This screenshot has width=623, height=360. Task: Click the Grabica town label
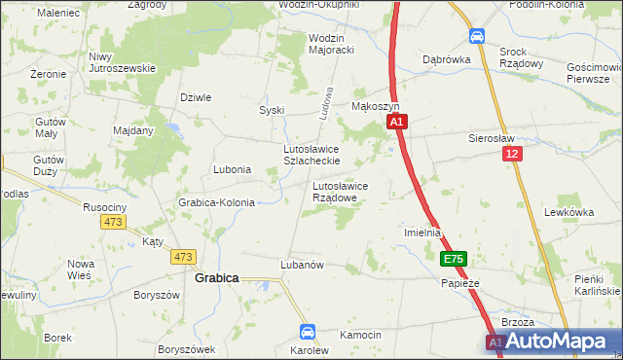(x=217, y=277)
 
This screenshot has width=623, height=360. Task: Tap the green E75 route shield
(x=454, y=259)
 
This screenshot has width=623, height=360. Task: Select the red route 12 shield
(x=513, y=154)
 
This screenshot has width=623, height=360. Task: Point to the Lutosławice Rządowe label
(x=340, y=191)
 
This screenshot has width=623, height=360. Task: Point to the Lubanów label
(x=301, y=264)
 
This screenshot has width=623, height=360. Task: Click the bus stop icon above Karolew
(x=308, y=332)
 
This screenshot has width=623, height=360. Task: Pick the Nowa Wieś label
(x=81, y=270)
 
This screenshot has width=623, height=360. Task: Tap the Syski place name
(x=271, y=110)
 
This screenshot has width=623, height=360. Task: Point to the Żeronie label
(x=47, y=74)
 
